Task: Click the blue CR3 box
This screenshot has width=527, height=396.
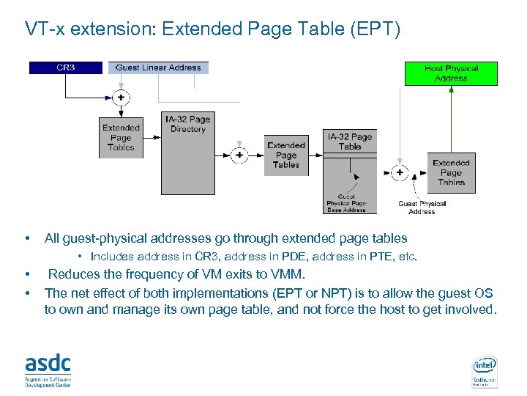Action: point(65,67)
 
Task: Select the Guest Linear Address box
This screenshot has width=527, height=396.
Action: point(158,67)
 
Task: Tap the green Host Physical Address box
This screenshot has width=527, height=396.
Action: point(451,73)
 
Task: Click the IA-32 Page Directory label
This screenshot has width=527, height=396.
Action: point(187,124)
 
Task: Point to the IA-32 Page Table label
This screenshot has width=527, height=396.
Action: point(350,142)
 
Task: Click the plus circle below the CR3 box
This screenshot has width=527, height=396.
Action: point(121,97)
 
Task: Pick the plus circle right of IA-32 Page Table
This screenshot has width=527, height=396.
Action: point(400,173)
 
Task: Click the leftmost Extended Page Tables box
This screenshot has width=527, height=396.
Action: point(121,138)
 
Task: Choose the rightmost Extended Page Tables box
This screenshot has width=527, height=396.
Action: point(451,173)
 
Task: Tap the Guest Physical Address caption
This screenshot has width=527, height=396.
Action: point(422,208)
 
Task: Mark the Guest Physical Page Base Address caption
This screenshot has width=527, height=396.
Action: point(346,203)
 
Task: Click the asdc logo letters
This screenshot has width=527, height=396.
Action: point(48,362)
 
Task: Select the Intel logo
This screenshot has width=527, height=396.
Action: point(485,364)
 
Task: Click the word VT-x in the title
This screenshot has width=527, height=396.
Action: point(44,29)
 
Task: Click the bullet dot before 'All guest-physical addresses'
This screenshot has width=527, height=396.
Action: point(27,238)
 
